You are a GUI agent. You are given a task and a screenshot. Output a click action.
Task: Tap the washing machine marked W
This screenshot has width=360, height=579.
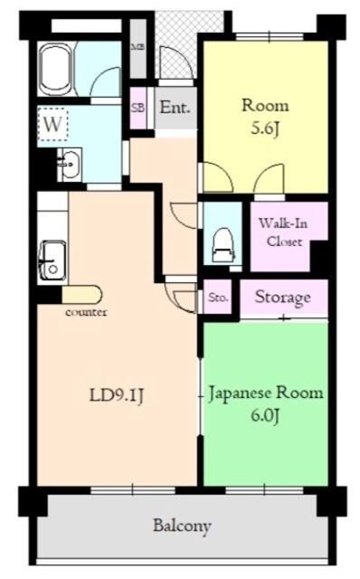52,126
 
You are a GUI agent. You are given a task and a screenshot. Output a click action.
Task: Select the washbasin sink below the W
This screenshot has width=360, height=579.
68,166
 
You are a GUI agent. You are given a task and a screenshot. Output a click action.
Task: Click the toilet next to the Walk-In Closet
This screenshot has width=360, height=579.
220,239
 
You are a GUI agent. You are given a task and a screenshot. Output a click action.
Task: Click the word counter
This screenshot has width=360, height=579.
86,313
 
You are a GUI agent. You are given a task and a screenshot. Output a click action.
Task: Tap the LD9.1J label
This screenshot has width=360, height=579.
118,395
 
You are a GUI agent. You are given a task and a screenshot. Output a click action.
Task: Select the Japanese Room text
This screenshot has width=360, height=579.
265,394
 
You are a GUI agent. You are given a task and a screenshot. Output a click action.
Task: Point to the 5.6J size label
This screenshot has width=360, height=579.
264,128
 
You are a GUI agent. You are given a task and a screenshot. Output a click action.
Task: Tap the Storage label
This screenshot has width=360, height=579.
282,298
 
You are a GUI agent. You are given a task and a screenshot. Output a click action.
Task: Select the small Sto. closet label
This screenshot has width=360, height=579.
218,298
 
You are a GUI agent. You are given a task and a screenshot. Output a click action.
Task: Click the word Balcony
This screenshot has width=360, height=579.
182,526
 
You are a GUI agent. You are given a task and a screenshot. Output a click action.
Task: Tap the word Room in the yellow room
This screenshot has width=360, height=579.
264,105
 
